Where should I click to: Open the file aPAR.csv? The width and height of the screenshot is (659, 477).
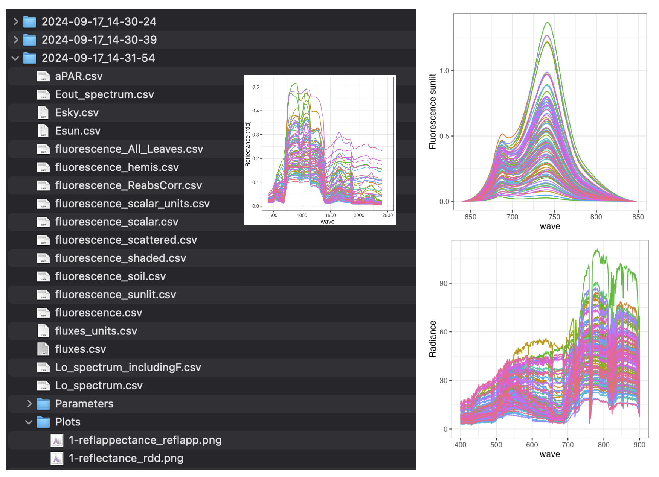click(x=79, y=76)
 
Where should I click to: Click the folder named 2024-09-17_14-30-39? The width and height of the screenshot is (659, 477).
click(x=99, y=40)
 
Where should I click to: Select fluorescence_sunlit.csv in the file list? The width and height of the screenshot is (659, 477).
click(x=116, y=295)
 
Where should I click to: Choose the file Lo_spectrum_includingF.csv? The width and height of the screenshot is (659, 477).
click(x=128, y=368)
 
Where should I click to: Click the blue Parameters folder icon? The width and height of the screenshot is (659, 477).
click(x=43, y=404)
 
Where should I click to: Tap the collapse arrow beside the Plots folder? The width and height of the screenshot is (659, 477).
click(x=29, y=422)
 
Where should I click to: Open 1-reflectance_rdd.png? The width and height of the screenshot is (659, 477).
click(x=126, y=459)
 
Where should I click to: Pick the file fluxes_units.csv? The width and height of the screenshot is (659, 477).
click(x=96, y=331)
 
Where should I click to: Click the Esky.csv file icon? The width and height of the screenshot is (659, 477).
click(x=43, y=112)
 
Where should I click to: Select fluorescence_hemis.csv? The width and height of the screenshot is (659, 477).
click(x=117, y=167)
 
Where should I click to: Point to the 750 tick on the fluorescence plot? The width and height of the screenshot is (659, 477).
click(x=554, y=217)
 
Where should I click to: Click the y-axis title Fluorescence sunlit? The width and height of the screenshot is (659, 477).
click(x=432, y=111)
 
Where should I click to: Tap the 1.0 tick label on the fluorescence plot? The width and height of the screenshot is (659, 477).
click(x=444, y=71)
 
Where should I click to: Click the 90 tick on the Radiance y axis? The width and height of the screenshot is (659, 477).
click(x=444, y=283)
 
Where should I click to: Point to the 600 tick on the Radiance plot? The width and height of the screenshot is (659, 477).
click(x=532, y=445)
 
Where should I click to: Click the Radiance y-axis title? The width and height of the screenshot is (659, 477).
click(x=432, y=339)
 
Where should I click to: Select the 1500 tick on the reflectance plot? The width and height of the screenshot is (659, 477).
click(x=330, y=216)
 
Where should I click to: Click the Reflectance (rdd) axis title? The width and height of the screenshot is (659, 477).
click(x=247, y=144)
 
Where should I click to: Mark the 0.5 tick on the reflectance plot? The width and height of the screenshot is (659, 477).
click(x=256, y=87)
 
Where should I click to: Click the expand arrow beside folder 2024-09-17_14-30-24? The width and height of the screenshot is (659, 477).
click(x=16, y=21)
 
